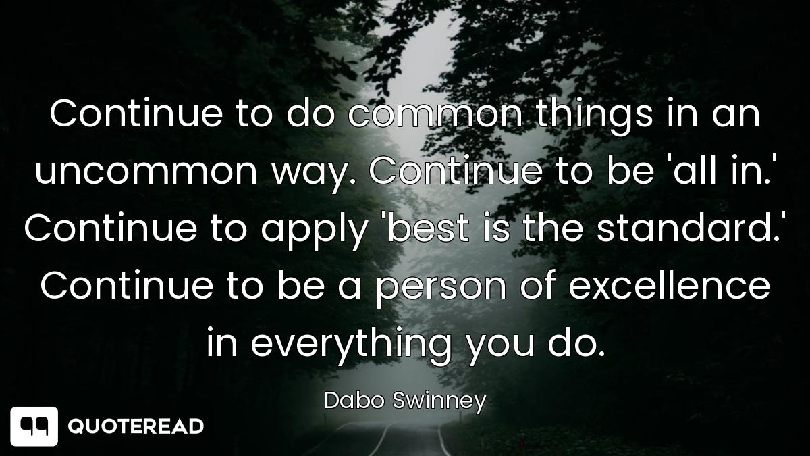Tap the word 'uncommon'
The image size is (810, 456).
[x=146, y=172]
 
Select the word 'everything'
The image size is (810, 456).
[x=351, y=346]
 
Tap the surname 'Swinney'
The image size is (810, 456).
[x=439, y=403]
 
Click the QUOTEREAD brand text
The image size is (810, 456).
[x=136, y=426]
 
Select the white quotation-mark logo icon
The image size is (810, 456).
[x=34, y=426]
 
